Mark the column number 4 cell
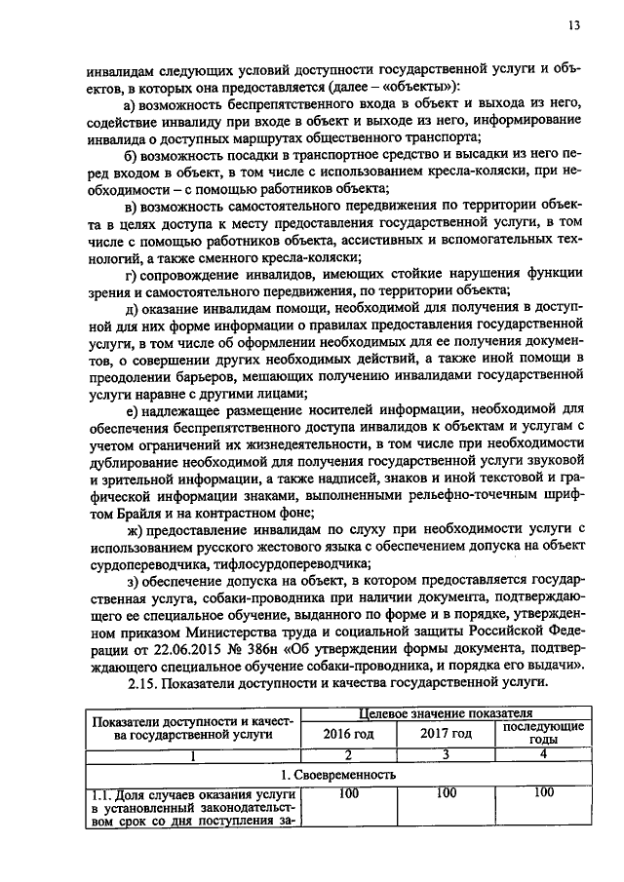pos(544,754)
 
